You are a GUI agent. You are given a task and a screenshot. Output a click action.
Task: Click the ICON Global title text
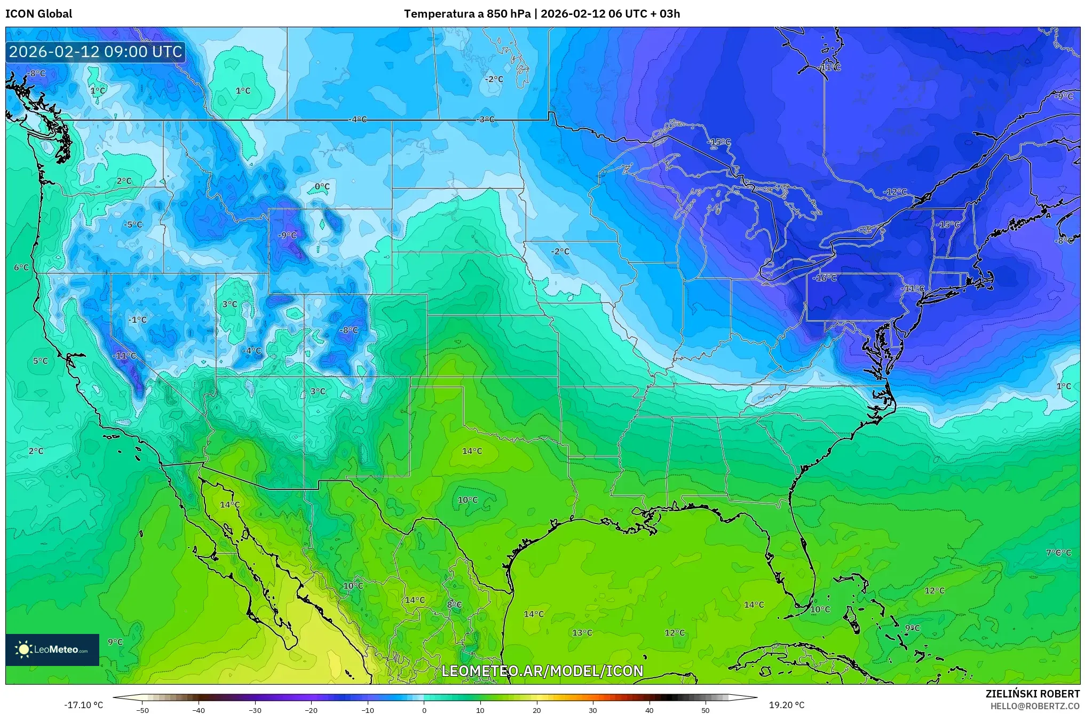(x=38, y=14)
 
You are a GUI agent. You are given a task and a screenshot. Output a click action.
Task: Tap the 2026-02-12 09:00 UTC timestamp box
(x=96, y=52)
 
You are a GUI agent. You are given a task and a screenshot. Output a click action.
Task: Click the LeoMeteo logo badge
(x=52, y=649)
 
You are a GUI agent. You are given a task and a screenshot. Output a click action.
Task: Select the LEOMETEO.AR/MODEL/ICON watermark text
(x=542, y=671)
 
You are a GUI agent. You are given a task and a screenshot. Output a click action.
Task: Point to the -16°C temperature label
(x=825, y=278)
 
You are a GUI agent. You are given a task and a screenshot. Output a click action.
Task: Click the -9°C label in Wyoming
(x=287, y=235)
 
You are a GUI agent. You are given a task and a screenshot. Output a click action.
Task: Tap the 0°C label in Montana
(x=322, y=186)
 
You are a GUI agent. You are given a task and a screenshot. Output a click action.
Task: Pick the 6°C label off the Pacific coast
(x=21, y=267)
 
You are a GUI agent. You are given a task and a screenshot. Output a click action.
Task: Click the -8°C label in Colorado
(x=349, y=330)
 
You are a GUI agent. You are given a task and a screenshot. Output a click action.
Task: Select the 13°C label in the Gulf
(x=582, y=632)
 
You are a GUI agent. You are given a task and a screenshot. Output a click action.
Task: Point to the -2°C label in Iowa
(x=560, y=251)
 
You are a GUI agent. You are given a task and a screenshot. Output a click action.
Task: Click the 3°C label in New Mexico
(x=318, y=391)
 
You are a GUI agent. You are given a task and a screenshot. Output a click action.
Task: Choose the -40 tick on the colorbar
(x=199, y=710)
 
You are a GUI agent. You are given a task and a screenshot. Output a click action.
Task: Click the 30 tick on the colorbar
(x=593, y=710)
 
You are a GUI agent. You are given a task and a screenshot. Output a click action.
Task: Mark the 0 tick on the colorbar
(x=424, y=710)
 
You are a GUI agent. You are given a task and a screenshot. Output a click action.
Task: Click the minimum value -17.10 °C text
(x=84, y=705)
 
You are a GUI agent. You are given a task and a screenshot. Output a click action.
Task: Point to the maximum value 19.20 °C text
(x=786, y=705)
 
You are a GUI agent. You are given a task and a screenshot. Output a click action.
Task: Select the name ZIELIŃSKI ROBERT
(x=1033, y=694)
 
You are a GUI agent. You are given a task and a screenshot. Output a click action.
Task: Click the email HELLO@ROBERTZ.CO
(x=1035, y=706)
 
